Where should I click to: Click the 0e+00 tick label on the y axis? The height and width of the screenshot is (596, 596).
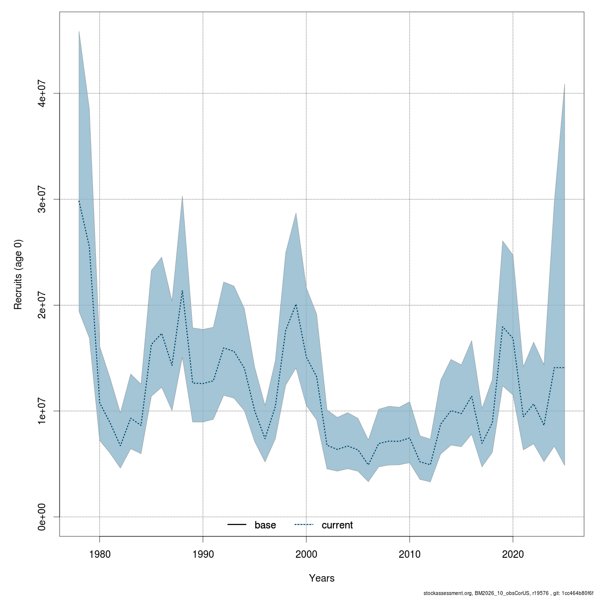(43, 517)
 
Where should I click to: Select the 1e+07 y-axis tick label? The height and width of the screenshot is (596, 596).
(43, 411)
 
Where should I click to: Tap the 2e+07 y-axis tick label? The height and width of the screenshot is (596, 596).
(43, 305)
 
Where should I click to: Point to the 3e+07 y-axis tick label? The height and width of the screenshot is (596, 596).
(43, 199)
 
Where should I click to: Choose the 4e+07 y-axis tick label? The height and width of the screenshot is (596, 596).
(43, 93)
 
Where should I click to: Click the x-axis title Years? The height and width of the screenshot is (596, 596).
(322, 578)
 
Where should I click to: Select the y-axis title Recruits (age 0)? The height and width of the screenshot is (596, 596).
(18, 274)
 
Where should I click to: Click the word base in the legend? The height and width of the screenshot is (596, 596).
(265, 525)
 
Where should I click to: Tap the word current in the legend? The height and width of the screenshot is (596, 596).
(337, 525)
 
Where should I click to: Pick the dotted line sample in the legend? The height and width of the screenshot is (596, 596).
(304, 525)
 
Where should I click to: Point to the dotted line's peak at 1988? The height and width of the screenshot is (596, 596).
(182, 291)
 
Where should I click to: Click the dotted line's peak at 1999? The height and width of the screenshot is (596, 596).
(296, 304)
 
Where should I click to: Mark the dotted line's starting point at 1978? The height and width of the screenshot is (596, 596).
(79, 200)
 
